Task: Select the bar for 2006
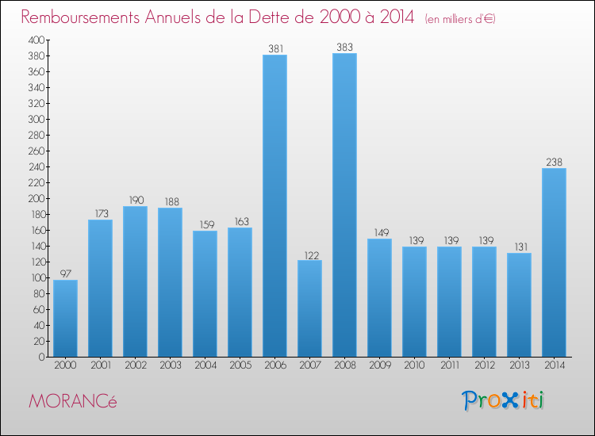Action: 274,206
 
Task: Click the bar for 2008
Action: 344,205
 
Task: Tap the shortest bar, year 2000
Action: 65,318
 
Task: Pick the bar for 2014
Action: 554,262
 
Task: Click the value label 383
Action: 344,47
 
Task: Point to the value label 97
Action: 65,273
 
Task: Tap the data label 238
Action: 554,162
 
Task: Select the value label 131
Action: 519,247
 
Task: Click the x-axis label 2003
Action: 170,367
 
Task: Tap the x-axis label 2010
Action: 414,367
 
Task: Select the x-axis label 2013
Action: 519,367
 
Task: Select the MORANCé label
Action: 72,401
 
